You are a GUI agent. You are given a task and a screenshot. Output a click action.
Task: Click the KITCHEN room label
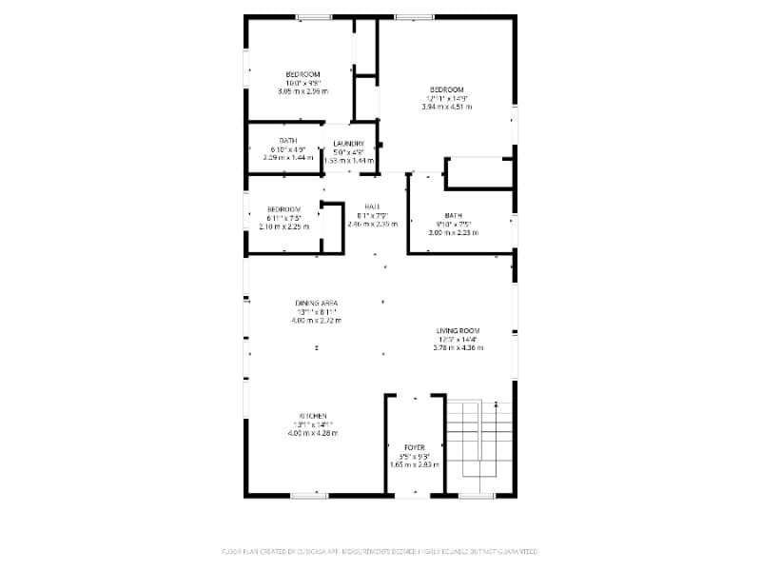point(314,416)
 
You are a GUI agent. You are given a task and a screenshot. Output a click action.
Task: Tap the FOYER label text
point(415,447)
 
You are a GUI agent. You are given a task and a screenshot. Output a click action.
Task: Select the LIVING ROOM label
point(458,330)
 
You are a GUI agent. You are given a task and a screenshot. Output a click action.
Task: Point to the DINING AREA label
point(316,303)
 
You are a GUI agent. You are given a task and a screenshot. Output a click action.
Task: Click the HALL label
point(372,207)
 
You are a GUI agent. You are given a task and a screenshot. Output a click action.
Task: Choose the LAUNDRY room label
point(348,144)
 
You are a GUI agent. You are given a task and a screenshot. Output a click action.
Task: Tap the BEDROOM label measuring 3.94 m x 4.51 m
point(453,89)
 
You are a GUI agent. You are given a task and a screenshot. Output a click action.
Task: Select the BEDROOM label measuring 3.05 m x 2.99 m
point(302,74)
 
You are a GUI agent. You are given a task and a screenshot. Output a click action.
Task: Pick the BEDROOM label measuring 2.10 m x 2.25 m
point(283,209)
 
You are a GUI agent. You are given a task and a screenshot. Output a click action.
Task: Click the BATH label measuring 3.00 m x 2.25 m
point(453,216)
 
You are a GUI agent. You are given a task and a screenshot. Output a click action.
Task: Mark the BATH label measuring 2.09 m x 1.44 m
point(287,141)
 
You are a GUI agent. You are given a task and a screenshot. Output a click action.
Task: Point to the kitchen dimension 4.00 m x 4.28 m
point(313,433)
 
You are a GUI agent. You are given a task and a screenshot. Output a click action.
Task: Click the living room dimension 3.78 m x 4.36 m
point(458,347)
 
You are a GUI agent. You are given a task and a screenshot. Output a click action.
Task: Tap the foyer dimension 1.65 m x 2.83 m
point(415,464)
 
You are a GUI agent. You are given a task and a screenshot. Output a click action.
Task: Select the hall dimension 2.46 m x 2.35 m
point(372,224)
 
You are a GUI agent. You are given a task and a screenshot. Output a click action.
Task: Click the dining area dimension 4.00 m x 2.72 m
point(316,320)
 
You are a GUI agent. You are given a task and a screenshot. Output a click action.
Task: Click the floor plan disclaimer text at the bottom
point(380,551)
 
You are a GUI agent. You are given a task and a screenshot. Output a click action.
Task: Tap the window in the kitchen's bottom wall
point(310,495)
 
